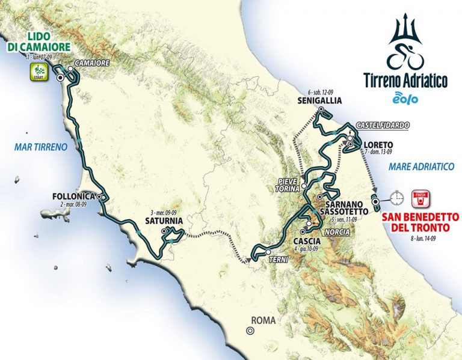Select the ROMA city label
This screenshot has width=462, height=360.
[264, 321]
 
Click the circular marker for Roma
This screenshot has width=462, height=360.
[249, 330]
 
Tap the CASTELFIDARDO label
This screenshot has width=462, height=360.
[383, 125]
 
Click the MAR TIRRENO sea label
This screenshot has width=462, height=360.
[40, 146]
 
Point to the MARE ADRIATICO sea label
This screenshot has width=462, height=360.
[421, 166]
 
